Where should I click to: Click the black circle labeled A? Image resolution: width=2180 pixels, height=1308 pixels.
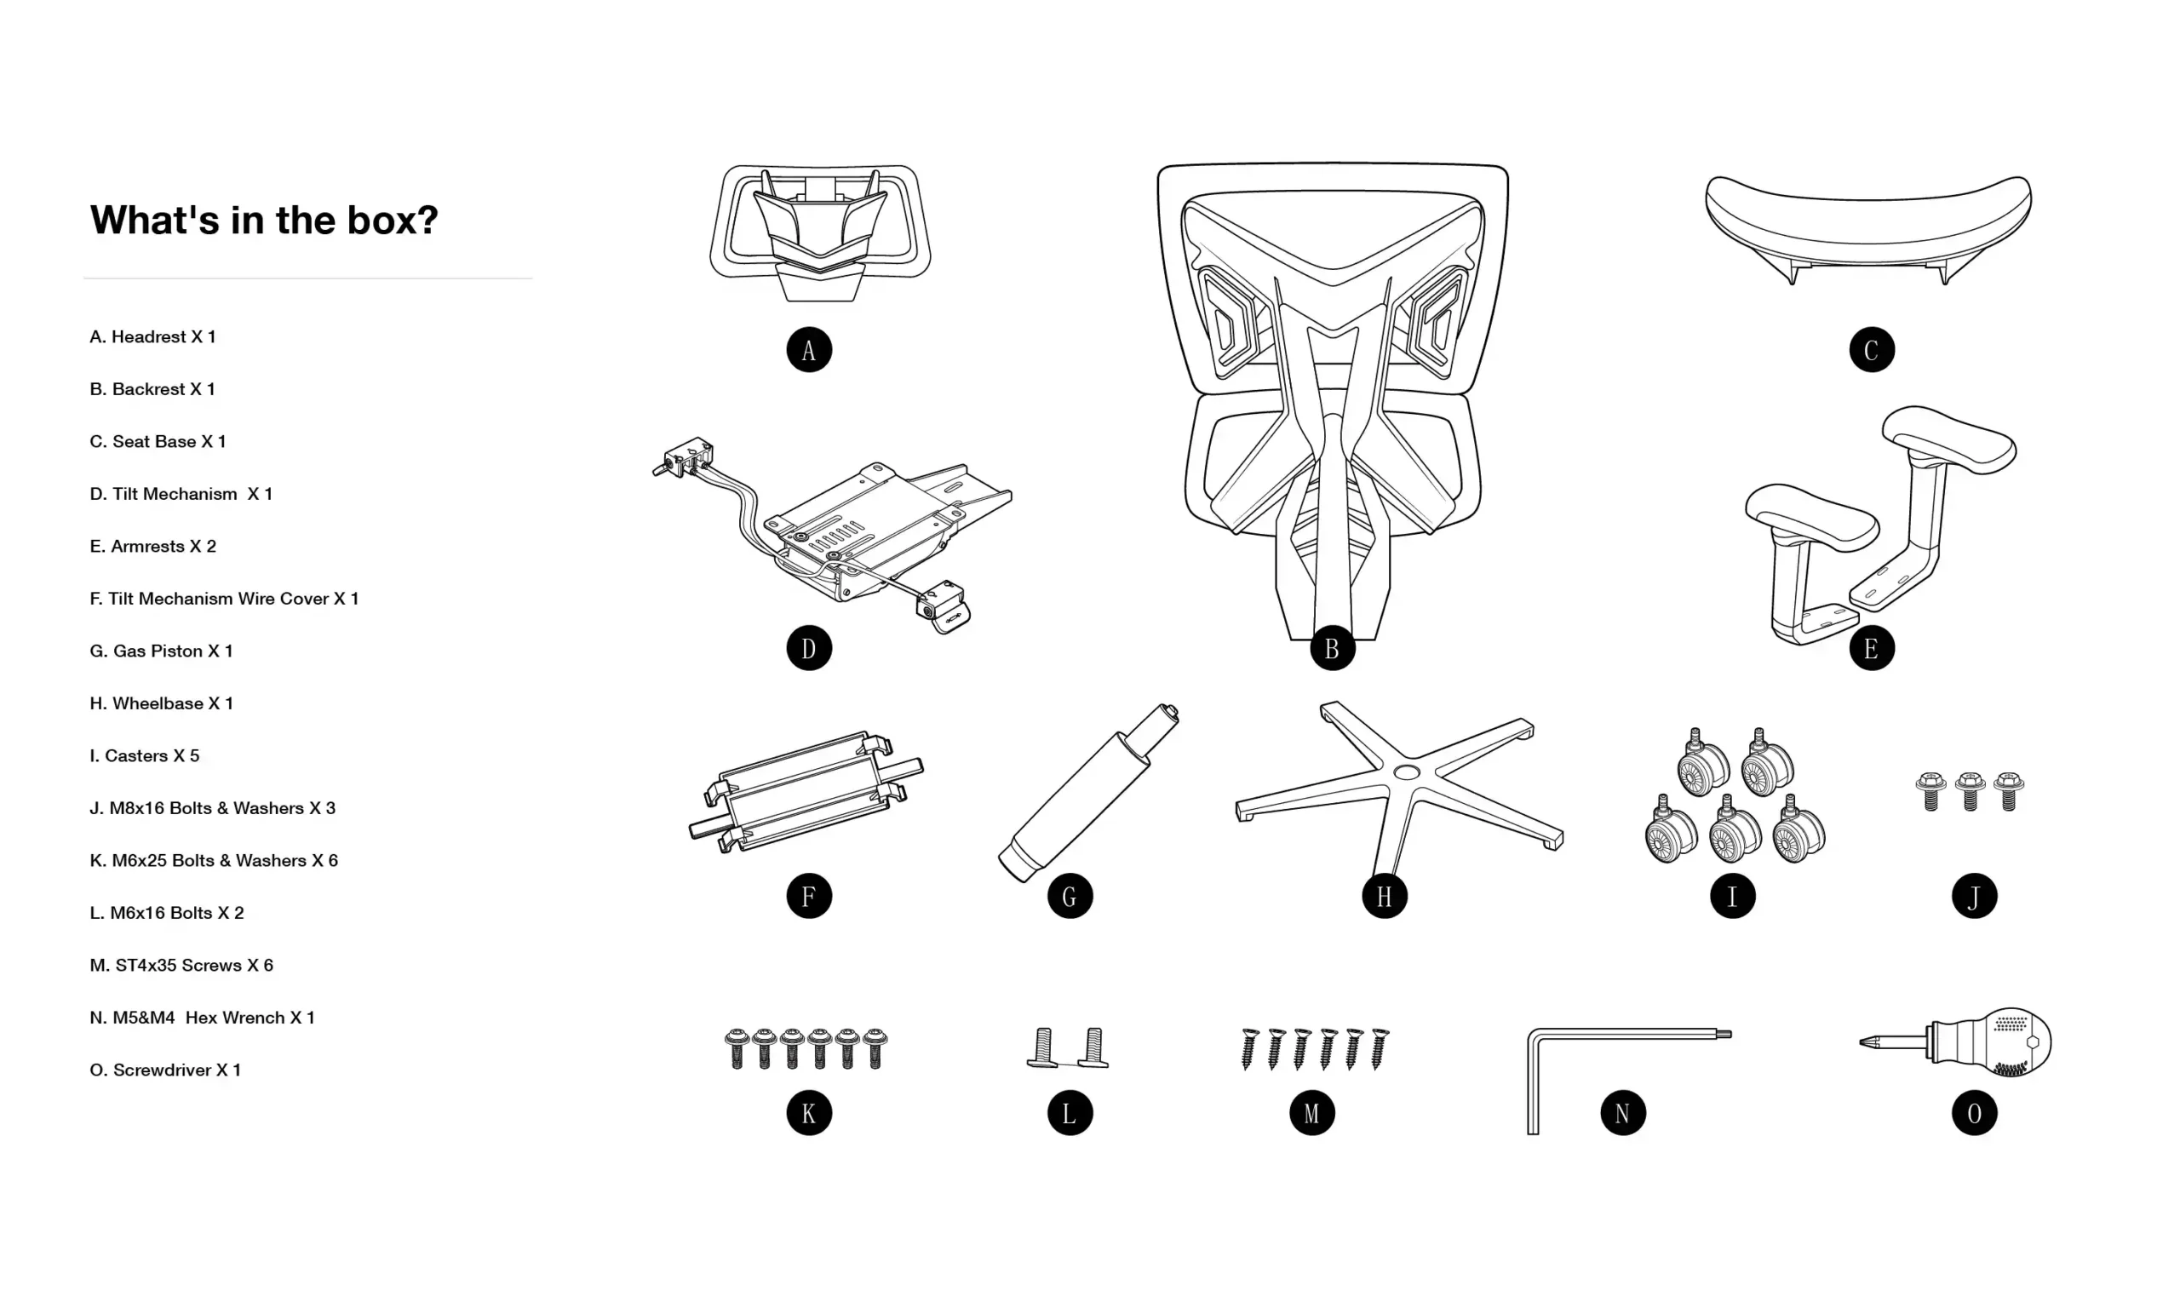click(808, 350)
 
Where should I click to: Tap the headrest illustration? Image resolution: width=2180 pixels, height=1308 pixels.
click(819, 231)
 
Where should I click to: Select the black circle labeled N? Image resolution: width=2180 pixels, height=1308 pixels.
click(1622, 1113)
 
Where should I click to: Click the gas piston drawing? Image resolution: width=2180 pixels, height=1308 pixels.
click(1087, 793)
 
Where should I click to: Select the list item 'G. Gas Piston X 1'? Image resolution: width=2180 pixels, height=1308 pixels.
click(161, 651)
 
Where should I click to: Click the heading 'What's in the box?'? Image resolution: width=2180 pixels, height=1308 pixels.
click(263, 220)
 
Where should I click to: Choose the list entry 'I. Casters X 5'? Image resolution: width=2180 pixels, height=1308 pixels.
click(145, 756)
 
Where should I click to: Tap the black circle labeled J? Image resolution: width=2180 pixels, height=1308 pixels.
click(1974, 897)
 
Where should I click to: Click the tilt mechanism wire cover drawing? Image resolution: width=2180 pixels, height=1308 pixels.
click(806, 790)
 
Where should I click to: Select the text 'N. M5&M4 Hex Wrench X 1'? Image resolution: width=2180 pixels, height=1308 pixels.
click(202, 1018)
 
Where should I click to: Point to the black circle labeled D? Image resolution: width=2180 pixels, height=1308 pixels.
click(808, 649)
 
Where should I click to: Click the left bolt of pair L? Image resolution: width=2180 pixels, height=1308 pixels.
click(1043, 1048)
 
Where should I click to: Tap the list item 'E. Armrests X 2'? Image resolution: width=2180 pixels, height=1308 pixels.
click(152, 547)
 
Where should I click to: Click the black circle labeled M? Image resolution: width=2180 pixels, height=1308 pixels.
click(1311, 1113)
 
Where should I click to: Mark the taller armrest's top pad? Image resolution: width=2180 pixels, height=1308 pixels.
click(1948, 439)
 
